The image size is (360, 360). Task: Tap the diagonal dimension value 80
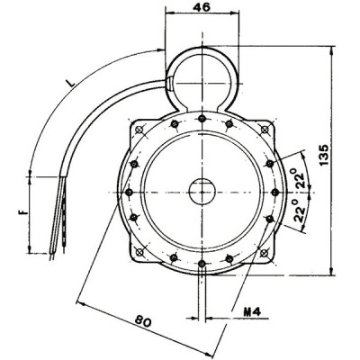pos(143,319)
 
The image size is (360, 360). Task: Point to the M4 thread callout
pos(253,313)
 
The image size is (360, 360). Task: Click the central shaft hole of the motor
pos(200,192)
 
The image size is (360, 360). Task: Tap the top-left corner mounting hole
pos(139,131)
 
